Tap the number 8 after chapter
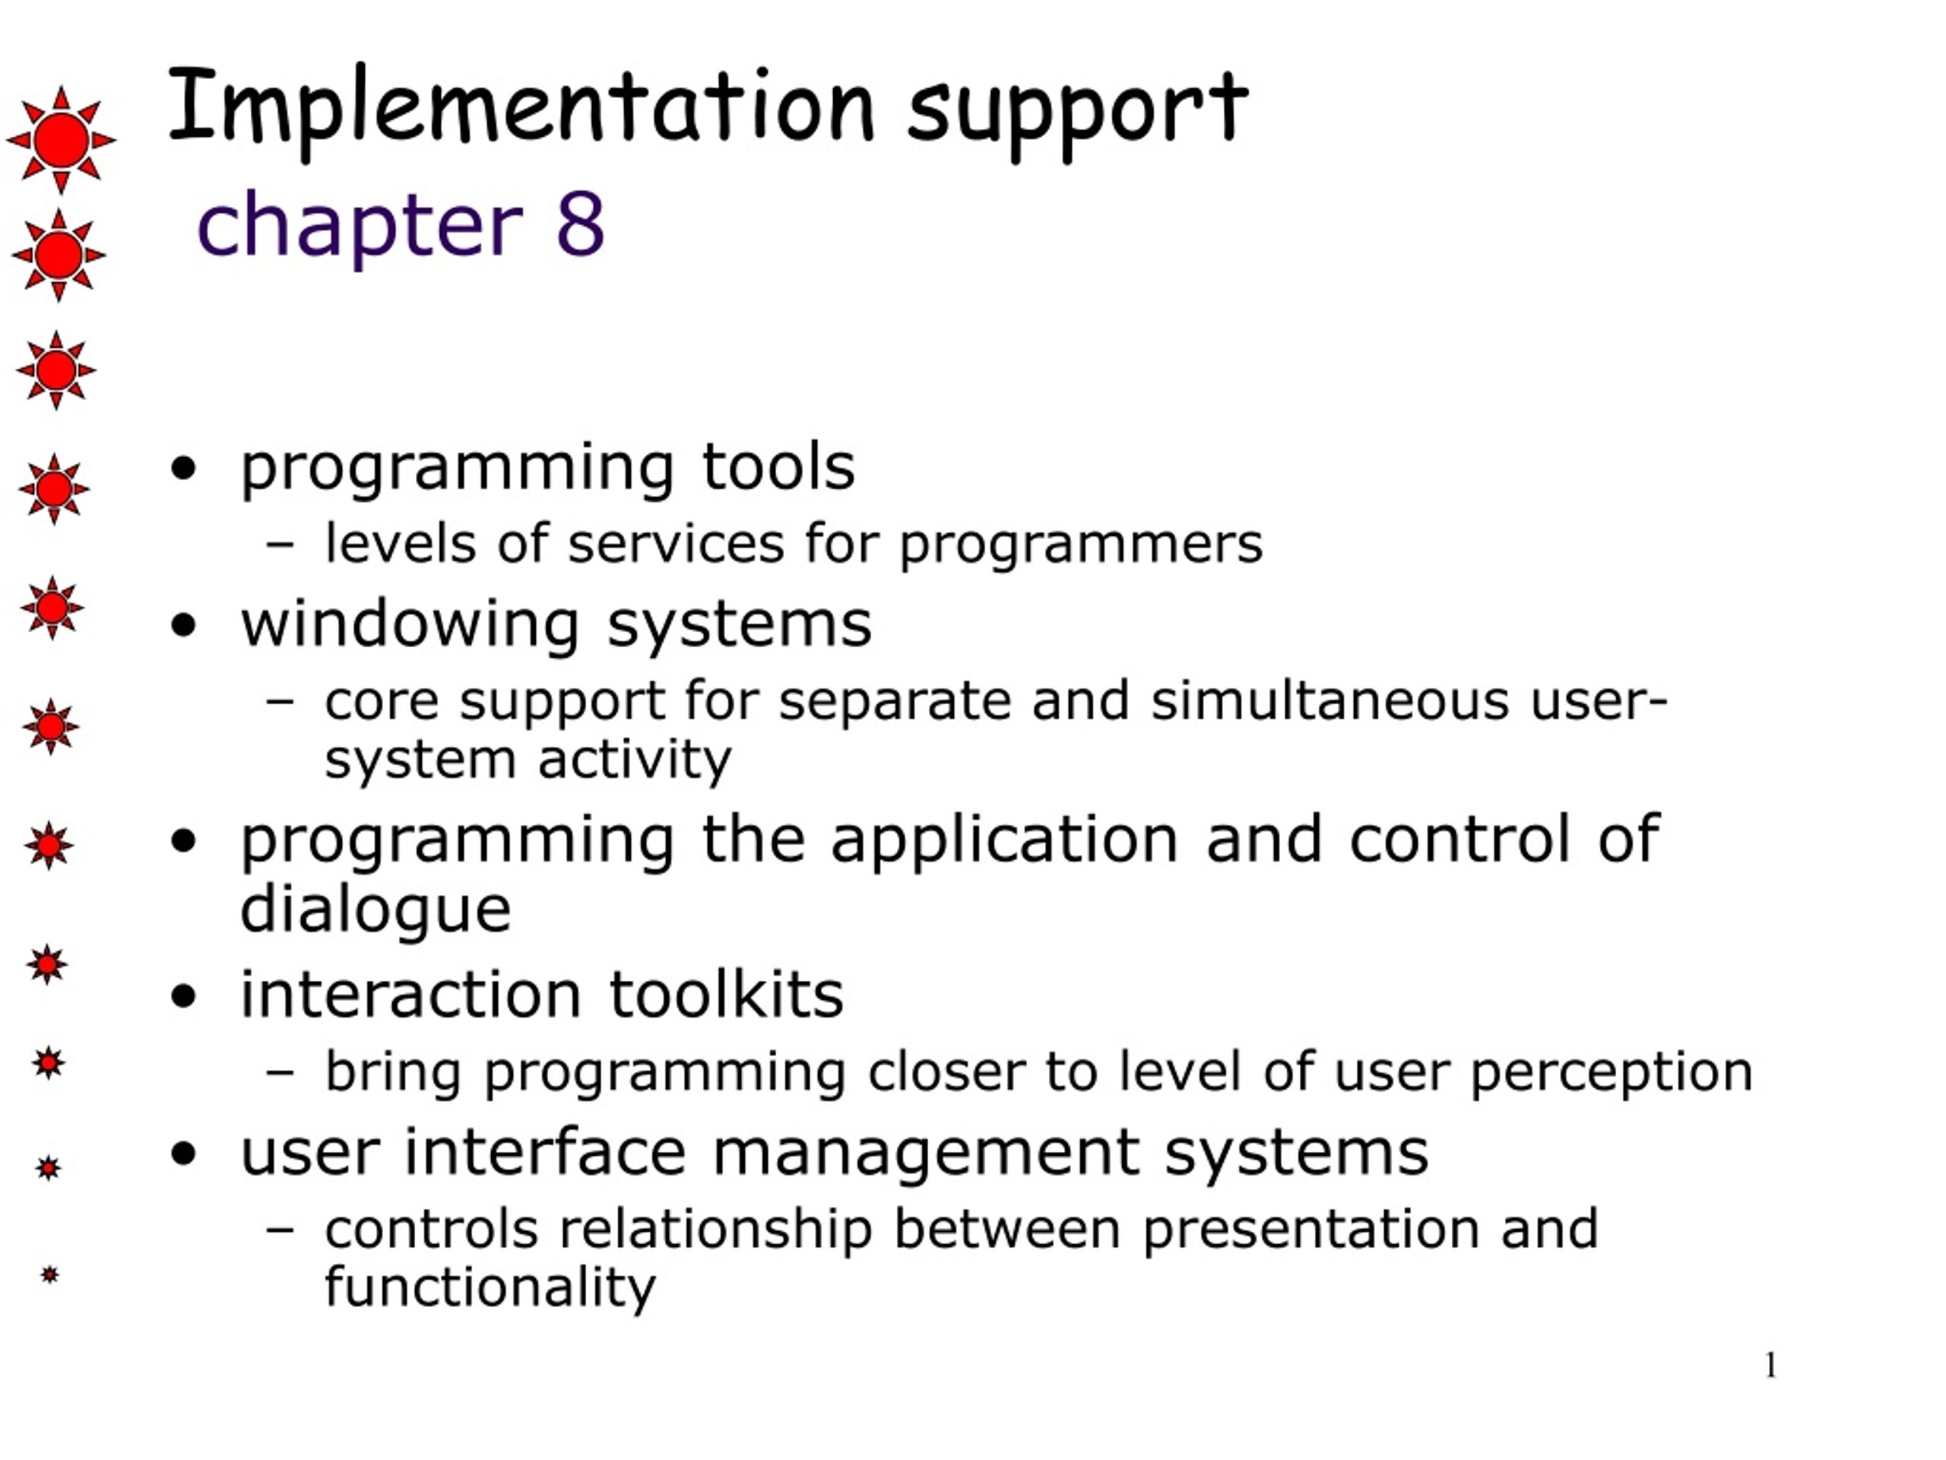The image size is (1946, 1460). [580, 224]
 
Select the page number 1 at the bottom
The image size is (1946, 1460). [1771, 1365]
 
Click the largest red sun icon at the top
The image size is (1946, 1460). [61, 140]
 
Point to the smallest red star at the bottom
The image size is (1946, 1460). [49, 1274]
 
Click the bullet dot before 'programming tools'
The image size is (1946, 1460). [183, 468]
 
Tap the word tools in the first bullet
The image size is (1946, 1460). [778, 466]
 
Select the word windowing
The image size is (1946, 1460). [410, 626]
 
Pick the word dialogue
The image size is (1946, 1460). [376, 910]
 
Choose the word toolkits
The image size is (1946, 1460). [726, 995]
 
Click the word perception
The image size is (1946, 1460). [1612, 1074]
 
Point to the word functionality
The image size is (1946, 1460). [490, 1287]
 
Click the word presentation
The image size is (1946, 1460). [1310, 1231]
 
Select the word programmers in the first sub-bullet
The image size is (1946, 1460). [1080, 547]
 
